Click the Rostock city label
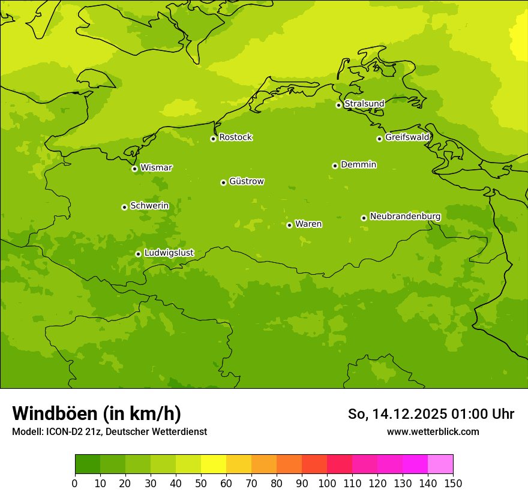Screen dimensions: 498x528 click(235, 137)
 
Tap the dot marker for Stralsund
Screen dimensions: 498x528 click(338, 105)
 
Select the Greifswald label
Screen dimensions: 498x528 click(407, 137)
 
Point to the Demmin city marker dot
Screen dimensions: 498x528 click(335, 166)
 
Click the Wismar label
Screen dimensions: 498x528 click(156, 168)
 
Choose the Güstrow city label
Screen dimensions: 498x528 click(246, 181)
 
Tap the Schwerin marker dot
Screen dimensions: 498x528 click(124, 207)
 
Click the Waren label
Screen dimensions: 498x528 click(308, 224)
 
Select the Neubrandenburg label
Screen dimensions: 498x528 click(405, 217)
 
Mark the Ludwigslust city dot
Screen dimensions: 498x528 click(138, 254)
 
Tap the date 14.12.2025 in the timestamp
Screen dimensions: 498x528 click(410, 414)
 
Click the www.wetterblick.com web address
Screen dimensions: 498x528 click(433, 432)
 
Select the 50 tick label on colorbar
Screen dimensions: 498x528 click(201, 484)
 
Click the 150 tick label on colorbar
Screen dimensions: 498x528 click(453, 484)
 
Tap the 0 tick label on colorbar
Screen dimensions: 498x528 click(75, 484)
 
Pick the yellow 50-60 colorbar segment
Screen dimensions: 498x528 click(214, 464)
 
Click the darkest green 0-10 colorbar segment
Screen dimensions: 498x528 click(88, 464)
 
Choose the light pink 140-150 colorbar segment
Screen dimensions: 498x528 click(440, 464)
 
